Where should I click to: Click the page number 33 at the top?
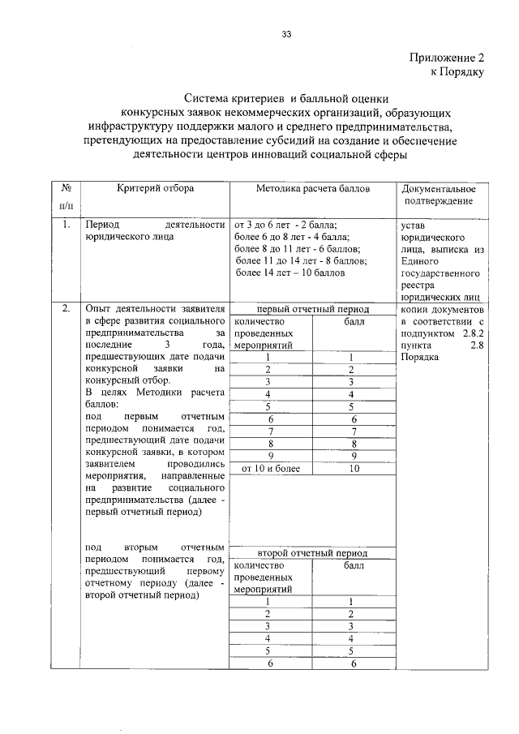pyautogui.click(x=286, y=34)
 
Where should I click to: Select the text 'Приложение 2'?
pyautogui.click(x=445, y=58)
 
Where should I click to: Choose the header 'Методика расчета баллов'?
pyautogui.click(x=312, y=188)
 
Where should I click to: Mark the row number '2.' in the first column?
pyautogui.click(x=63, y=309)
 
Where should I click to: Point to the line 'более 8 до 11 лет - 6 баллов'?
pyautogui.click(x=297, y=249)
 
